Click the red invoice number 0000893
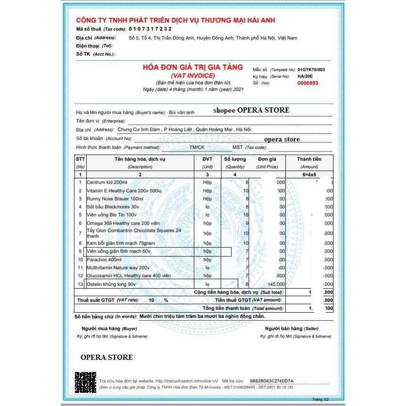click(308, 83)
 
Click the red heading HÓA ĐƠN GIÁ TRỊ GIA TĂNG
click(193, 67)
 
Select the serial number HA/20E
click(305, 76)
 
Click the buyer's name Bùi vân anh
click(181, 112)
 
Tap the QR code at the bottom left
click(85, 382)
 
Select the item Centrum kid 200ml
click(107, 182)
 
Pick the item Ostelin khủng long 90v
click(111, 284)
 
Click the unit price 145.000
click(276, 284)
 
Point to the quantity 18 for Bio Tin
click(245, 215)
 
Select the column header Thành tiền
click(309, 159)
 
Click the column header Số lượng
click(235, 159)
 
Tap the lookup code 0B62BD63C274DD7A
click(271, 380)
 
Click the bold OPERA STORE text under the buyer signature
click(106, 357)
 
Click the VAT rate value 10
click(151, 300)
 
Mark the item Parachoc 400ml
click(104, 259)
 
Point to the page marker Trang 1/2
click(320, 399)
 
